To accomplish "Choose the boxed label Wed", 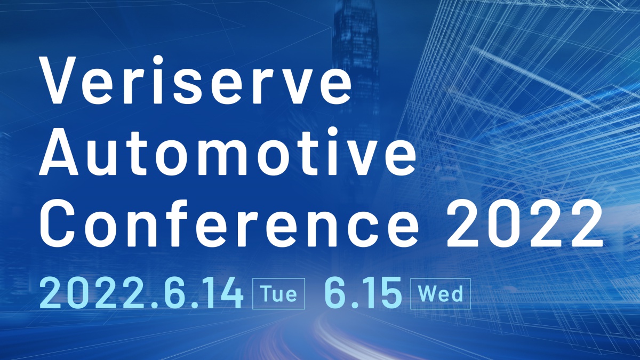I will [441, 294].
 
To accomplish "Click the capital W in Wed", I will [426, 294].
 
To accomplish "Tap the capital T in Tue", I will [267, 294].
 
